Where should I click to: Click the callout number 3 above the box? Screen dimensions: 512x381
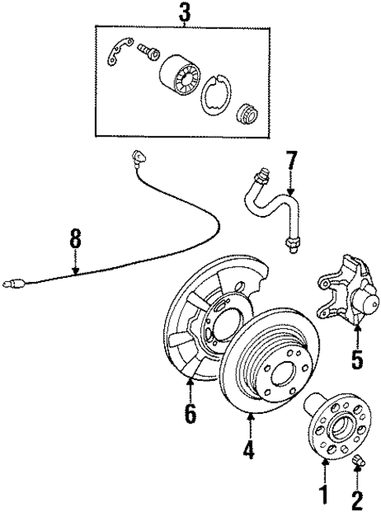point(185,12)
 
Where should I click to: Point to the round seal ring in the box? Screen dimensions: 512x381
point(214,97)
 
